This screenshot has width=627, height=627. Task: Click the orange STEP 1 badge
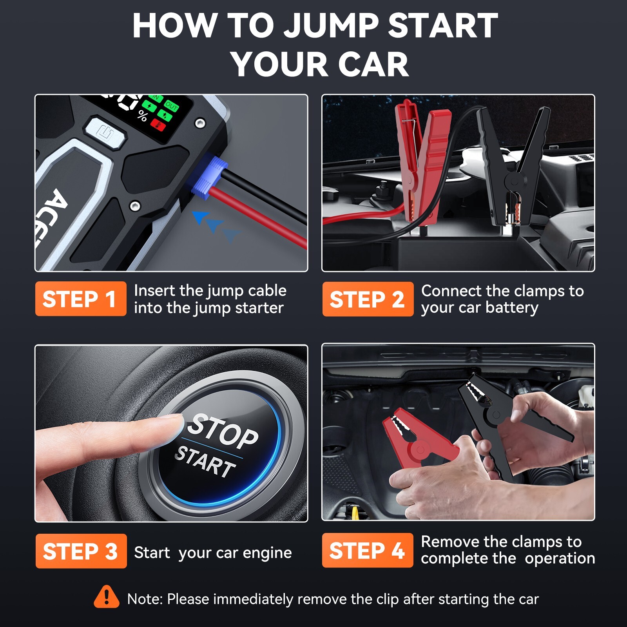tap(80, 299)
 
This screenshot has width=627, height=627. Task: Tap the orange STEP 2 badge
tap(368, 299)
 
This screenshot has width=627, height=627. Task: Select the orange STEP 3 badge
tap(81, 551)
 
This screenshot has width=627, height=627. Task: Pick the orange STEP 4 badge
tap(367, 550)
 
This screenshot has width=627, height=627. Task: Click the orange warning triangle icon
tap(106, 598)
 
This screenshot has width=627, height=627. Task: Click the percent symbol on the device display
tap(143, 116)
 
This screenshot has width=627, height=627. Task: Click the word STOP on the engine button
tap(223, 431)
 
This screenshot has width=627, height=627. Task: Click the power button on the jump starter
tap(105, 132)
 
